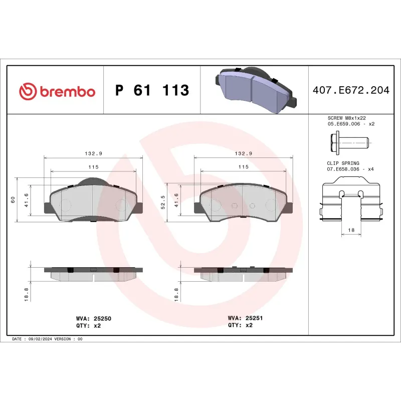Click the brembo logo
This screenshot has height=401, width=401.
click(x=57, y=91)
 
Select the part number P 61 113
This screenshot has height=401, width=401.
click(x=152, y=91)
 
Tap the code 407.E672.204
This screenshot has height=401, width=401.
click(x=350, y=91)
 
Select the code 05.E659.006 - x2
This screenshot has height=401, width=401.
click(x=350, y=124)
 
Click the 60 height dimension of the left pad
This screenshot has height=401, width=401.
click(x=13, y=199)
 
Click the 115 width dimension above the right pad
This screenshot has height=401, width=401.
click(x=244, y=166)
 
